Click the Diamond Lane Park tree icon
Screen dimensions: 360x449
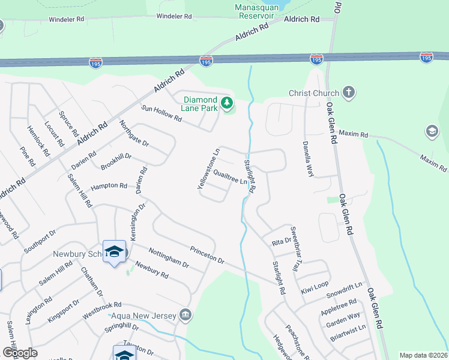click(x=227, y=104)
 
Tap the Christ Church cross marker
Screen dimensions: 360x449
click(x=348, y=93)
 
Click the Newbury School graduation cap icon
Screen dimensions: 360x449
click(x=114, y=253)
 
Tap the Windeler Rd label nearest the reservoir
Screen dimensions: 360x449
click(x=174, y=16)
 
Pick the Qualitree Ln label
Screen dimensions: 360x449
click(x=227, y=177)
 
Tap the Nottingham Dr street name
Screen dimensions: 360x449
click(x=169, y=259)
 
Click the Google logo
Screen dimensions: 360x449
click(x=20, y=352)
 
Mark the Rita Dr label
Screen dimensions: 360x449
click(x=281, y=241)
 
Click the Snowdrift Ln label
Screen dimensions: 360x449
click(x=345, y=291)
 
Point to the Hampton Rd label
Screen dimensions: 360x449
click(x=109, y=186)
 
